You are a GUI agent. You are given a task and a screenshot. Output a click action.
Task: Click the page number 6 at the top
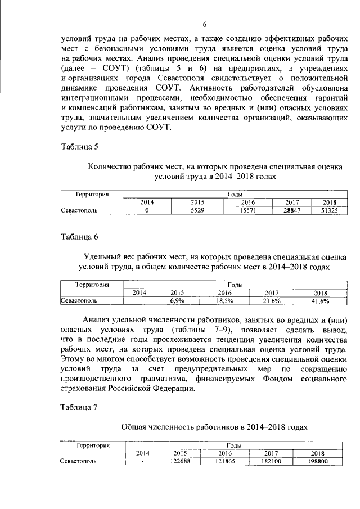204,24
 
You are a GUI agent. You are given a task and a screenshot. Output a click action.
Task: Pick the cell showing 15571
248,210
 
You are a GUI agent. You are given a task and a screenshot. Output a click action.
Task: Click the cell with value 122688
180,461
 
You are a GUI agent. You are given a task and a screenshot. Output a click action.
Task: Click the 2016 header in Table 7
225,453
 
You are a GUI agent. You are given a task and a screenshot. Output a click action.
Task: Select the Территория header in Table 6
92,285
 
